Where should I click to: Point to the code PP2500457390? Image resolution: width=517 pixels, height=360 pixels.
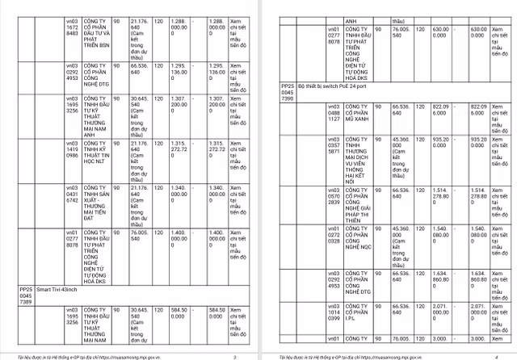(287, 91)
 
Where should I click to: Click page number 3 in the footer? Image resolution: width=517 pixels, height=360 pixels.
(233, 355)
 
